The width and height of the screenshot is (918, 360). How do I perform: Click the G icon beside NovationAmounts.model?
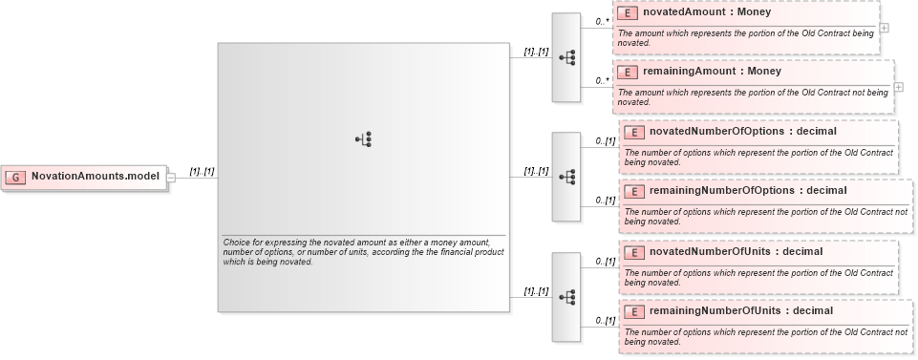pyautogui.click(x=15, y=177)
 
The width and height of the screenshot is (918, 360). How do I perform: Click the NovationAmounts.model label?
pyautogui.click(x=94, y=177)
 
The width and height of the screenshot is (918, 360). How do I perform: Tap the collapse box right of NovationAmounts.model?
pyautogui.click(x=171, y=177)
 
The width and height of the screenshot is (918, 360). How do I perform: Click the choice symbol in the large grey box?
pyautogui.click(x=364, y=139)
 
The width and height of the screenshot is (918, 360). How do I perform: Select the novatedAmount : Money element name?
pyautogui.click(x=707, y=13)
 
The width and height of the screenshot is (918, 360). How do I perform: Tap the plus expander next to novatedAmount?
pyautogui.click(x=885, y=27)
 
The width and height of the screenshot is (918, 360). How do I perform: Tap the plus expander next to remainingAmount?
pyautogui.click(x=899, y=86)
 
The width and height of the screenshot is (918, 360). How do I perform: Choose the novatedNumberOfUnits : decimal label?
pyautogui.click(x=736, y=251)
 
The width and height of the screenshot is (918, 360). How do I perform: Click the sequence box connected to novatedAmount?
pyautogui.click(x=566, y=57)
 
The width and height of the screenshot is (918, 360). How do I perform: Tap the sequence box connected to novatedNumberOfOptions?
pyautogui.click(x=566, y=177)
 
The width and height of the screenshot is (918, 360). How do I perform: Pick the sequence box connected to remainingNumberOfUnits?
pyautogui.click(x=566, y=297)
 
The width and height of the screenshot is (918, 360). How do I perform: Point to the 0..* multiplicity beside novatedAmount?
pyautogui.click(x=603, y=20)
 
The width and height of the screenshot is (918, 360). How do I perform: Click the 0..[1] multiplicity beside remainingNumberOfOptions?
pyautogui.click(x=606, y=200)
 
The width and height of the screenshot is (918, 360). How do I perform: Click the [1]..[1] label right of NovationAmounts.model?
pyautogui.click(x=202, y=171)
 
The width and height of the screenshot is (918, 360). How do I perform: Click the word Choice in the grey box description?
pyautogui.click(x=237, y=243)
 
